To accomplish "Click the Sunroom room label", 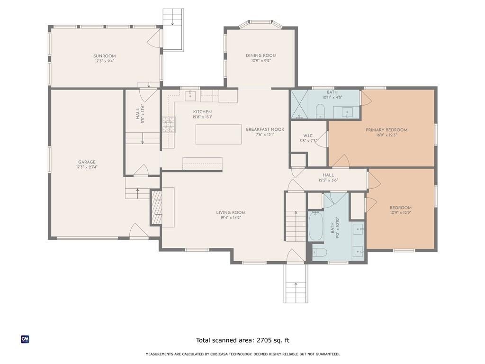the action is coord(105,56).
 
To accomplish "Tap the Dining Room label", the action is coord(261,56).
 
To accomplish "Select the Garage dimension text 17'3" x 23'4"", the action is coord(87,167).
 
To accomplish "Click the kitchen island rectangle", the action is coord(219,134).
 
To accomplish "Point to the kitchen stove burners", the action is coord(169,125).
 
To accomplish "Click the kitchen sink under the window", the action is coord(190,96).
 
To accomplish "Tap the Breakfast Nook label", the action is coord(265,129).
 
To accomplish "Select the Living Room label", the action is coord(231,213).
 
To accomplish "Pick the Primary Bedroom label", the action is coord(386,130).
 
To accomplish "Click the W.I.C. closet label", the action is coord(308,136).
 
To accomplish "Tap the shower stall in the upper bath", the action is coord(299,104).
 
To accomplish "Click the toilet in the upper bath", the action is coord(320,111).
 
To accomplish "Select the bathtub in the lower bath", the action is coord(315,226).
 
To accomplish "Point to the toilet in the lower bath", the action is coord(320,252).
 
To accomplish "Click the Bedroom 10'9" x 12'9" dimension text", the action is coord(401,213).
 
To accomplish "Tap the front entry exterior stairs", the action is coord(296,283).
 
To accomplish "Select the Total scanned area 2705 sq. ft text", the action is coord(243,340).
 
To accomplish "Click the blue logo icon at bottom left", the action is coord(25,339).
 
